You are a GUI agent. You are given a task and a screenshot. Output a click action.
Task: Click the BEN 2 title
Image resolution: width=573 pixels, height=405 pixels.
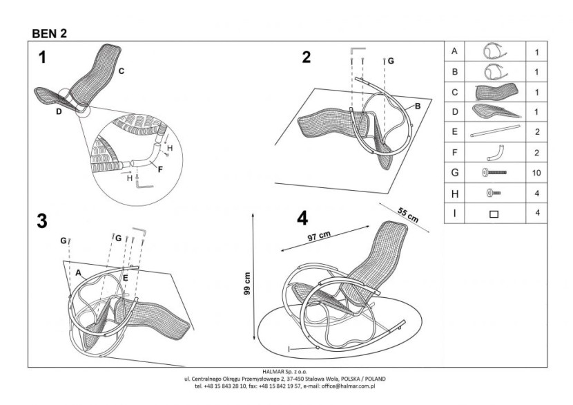click(49, 34)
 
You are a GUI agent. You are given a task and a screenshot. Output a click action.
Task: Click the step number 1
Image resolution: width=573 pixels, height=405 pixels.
click(42, 57)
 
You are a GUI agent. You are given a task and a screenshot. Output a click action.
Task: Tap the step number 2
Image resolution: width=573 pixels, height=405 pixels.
click(307, 57)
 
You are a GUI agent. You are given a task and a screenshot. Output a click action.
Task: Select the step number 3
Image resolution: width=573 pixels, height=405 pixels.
click(42, 221)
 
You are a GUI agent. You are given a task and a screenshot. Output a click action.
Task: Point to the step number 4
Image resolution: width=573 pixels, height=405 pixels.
click(302, 218)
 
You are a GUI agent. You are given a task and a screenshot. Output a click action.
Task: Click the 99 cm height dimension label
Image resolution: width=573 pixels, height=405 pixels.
click(247, 283)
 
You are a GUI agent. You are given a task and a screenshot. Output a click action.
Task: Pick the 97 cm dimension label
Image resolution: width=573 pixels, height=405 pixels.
click(319, 236)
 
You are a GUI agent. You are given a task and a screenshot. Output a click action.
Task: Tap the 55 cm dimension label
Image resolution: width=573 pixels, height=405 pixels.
click(408, 215)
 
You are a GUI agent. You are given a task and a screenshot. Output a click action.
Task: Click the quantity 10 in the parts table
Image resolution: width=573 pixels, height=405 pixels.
click(536, 173)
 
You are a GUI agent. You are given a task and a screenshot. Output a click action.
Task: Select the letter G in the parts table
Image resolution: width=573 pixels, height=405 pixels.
click(454, 172)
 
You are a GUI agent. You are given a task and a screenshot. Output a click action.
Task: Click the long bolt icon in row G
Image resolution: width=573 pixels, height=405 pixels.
click(494, 172)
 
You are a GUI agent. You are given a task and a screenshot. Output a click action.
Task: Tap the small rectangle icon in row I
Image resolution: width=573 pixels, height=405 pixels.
click(494, 214)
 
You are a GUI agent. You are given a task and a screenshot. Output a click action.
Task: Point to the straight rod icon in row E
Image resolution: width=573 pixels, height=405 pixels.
click(495, 131)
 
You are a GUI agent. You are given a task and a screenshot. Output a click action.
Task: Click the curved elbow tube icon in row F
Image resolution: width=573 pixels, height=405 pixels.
click(496, 153)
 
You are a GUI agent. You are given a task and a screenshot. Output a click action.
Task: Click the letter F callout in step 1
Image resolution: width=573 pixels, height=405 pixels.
click(160, 169)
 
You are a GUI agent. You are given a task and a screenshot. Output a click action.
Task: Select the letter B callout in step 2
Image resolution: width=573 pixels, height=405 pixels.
click(418, 106)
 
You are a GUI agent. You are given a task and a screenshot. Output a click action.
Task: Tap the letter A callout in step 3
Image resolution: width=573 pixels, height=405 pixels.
click(78, 272)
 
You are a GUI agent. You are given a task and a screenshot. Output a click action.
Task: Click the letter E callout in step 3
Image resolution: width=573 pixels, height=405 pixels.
click(126, 278)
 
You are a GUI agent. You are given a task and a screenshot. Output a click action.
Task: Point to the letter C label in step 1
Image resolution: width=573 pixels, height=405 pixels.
click(122, 71)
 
